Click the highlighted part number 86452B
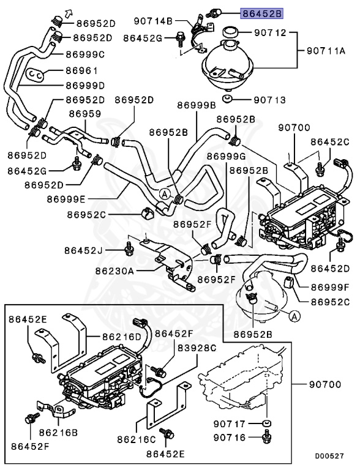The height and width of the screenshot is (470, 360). pos(262,12)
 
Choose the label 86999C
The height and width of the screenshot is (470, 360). pos(86,54)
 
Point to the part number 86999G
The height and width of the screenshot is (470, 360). pos(225,156)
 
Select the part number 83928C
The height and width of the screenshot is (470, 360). pos(198,348)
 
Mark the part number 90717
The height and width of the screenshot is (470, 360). pos(230,423)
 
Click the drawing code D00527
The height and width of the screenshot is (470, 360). pos(329,457)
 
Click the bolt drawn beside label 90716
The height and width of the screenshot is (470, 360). pos(266,437)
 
